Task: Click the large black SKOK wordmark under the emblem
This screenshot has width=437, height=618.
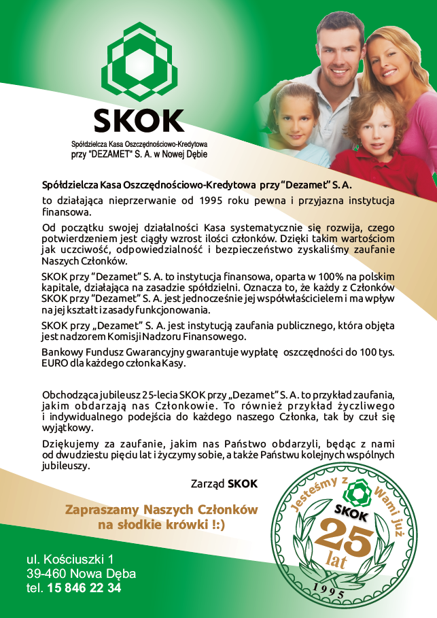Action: pyautogui.click(x=139, y=120)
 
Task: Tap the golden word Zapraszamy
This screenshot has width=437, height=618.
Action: pyautogui.click(x=99, y=510)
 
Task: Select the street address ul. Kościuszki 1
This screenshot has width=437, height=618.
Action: pyautogui.click(x=70, y=560)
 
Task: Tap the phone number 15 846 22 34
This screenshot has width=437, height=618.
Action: pyautogui.click(x=84, y=588)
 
